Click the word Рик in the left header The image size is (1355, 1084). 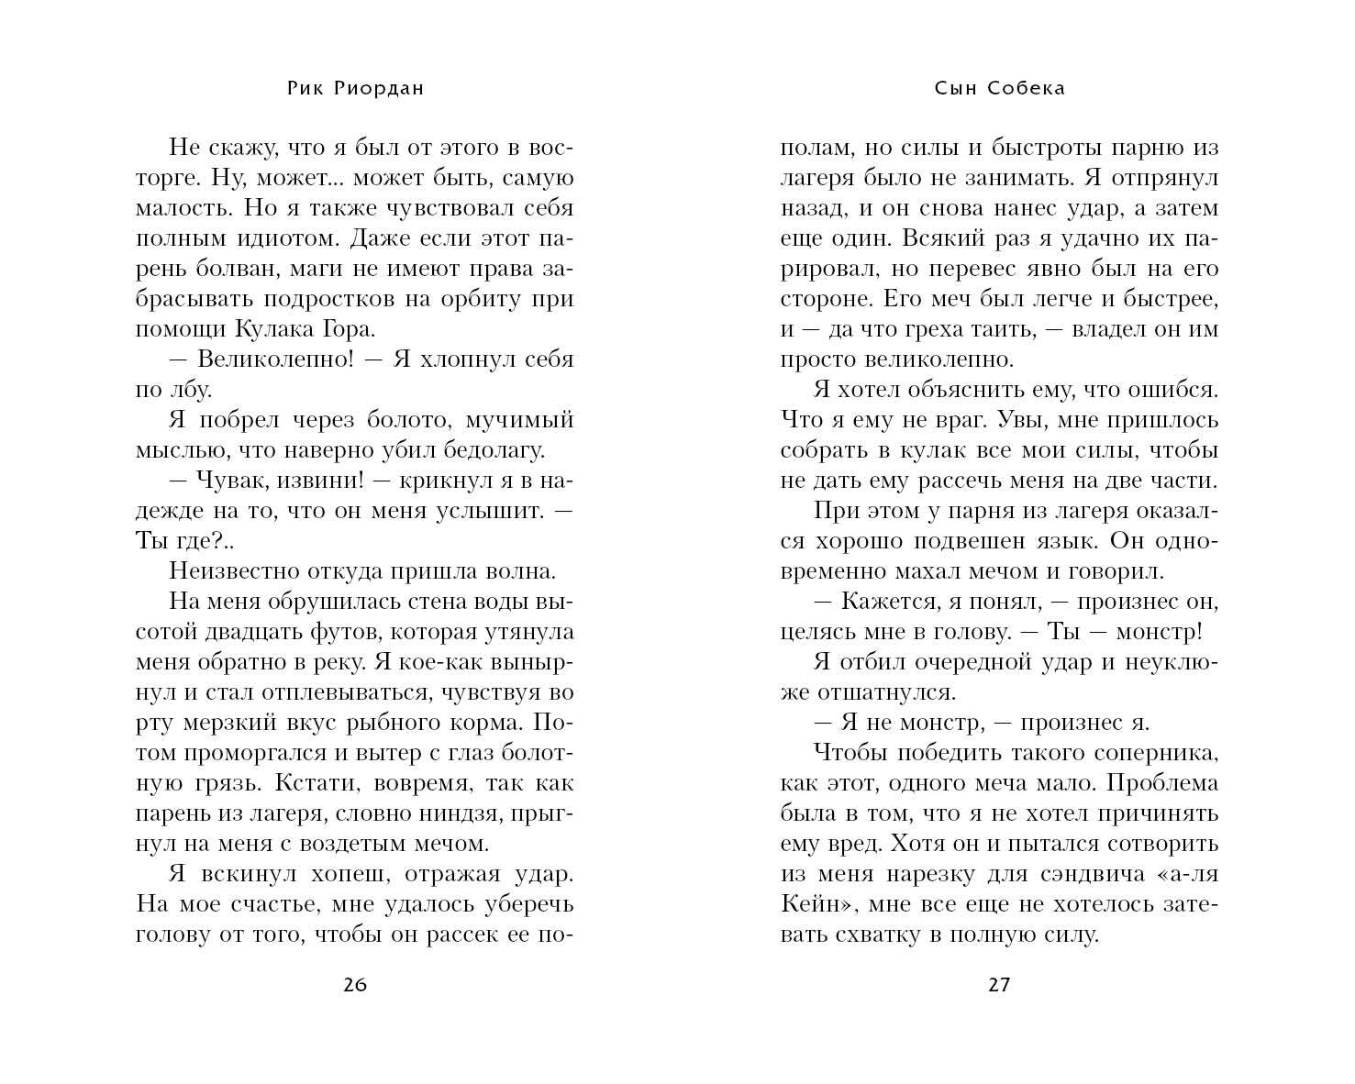(305, 88)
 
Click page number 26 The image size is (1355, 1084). (355, 986)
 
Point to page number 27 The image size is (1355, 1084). (999, 986)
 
